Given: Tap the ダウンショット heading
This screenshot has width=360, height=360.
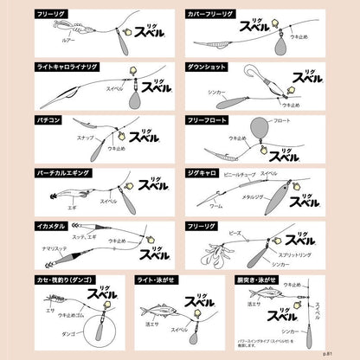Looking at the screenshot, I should click(x=206, y=66).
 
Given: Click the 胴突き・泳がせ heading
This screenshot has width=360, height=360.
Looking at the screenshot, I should click(x=263, y=280).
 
